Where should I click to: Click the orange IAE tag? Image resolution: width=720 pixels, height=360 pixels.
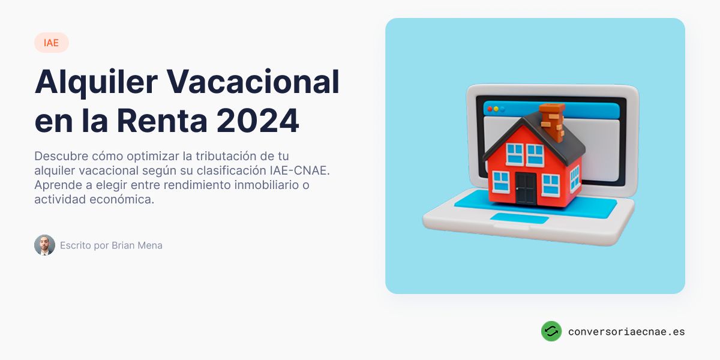pyautogui.click(x=52, y=43)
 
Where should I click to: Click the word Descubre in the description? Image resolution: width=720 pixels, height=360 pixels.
pyautogui.click(x=61, y=156)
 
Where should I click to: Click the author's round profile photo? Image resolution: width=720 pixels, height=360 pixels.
pyautogui.click(x=44, y=245)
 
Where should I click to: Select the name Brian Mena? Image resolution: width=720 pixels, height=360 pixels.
pyautogui.click(x=137, y=245)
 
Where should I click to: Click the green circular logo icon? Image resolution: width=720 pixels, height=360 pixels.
pyautogui.click(x=551, y=331)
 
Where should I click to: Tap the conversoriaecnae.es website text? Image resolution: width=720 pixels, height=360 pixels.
pyautogui.click(x=626, y=331)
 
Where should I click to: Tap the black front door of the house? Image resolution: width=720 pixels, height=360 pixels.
pyautogui.click(x=525, y=188)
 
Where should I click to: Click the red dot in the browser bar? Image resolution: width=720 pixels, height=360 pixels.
pyautogui.click(x=490, y=109)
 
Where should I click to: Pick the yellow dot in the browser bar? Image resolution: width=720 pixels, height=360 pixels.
pyautogui.click(x=496, y=109)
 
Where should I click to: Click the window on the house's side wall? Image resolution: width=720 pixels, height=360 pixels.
pyautogui.click(x=574, y=178)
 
